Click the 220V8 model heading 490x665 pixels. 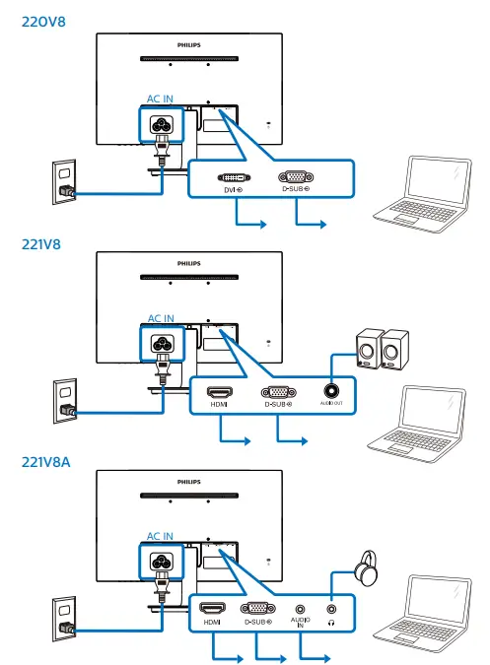pyautogui.click(x=38, y=20)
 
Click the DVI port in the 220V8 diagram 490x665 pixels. pyautogui.click(x=233, y=177)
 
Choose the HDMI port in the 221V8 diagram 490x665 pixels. pyautogui.click(x=219, y=391)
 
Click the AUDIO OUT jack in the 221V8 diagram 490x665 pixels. pyautogui.click(x=331, y=391)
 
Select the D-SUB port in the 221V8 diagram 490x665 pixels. pyautogui.click(x=279, y=391)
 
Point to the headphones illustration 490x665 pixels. pyautogui.click(x=368, y=566)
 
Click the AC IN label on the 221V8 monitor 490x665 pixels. pyautogui.click(x=161, y=318)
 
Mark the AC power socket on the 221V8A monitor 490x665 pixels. pyautogui.click(x=161, y=562)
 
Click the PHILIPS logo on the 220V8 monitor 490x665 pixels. pyautogui.click(x=188, y=44)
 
